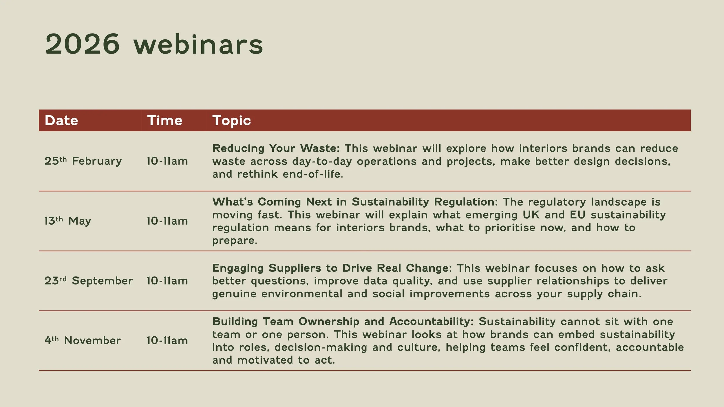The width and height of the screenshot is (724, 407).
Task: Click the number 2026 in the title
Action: [x=82, y=44]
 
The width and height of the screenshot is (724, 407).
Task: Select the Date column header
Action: [x=61, y=120]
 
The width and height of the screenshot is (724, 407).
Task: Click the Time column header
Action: [x=165, y=120]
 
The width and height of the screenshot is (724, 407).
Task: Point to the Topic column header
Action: [x=232, y=120]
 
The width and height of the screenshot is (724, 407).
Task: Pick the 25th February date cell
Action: [x=83, y=161]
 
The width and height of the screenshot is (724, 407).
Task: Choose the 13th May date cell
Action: [x=68, y=221]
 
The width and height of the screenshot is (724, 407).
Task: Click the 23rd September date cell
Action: [x=89, y=280]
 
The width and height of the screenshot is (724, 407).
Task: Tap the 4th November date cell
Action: [x=83, y=340]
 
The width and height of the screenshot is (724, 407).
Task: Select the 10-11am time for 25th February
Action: [x=167, y=161]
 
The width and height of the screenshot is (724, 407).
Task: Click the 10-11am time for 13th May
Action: [x=167, y=221]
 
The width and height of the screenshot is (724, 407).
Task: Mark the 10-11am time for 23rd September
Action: [x=167, y=280]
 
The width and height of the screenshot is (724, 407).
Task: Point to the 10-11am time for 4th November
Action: [x=167, y=340]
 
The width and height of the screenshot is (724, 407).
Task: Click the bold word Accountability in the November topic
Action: [x=431, y=322]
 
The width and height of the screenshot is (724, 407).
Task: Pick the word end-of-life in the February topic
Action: [x=313, y=174]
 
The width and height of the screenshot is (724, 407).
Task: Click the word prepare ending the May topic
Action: [x=234, y=241]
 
